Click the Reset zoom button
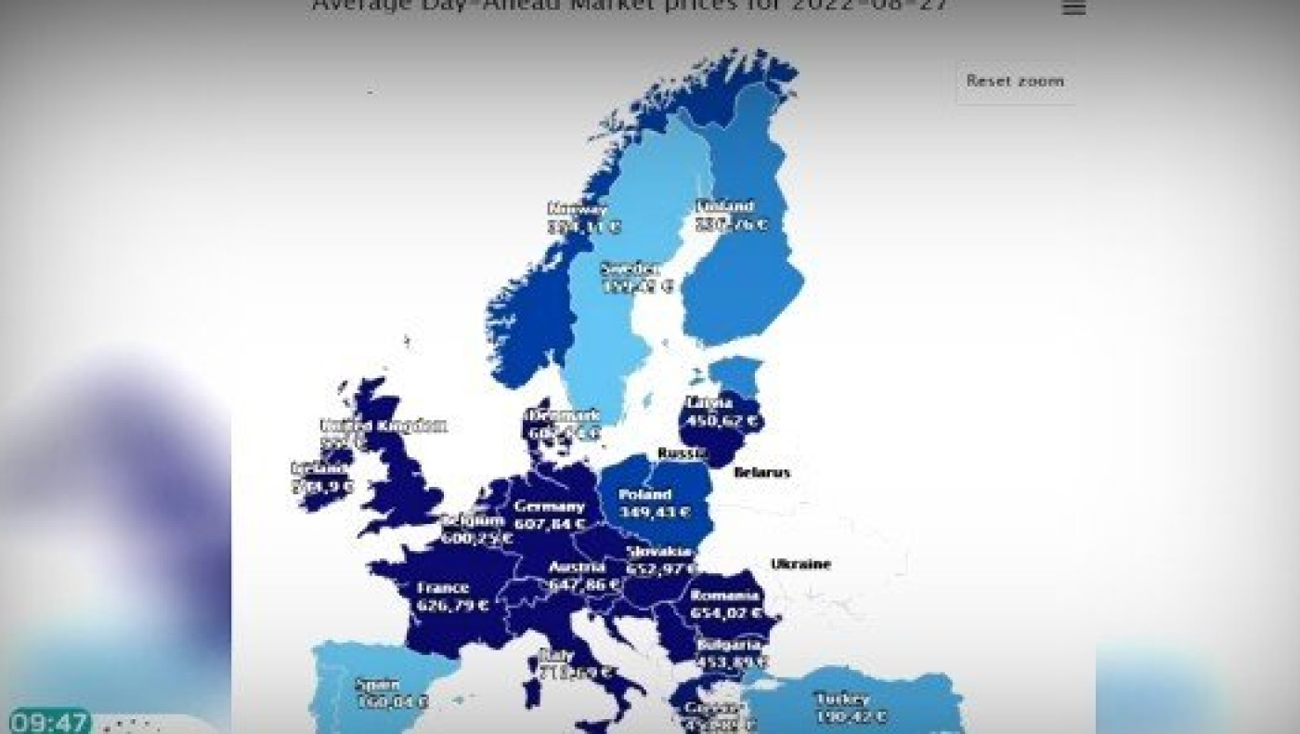1015,81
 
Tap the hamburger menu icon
1073,8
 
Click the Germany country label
550,506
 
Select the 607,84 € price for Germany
550,524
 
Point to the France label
443,587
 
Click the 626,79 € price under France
453,605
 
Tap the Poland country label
644,494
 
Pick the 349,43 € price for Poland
655,512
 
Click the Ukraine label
800,564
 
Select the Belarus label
761,472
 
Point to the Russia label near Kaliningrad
677,452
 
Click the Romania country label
724,596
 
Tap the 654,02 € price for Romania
726,613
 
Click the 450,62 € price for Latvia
721,421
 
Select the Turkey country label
841,699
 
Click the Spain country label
378,685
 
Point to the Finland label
725,206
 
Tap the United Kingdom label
383,426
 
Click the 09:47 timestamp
48,722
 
